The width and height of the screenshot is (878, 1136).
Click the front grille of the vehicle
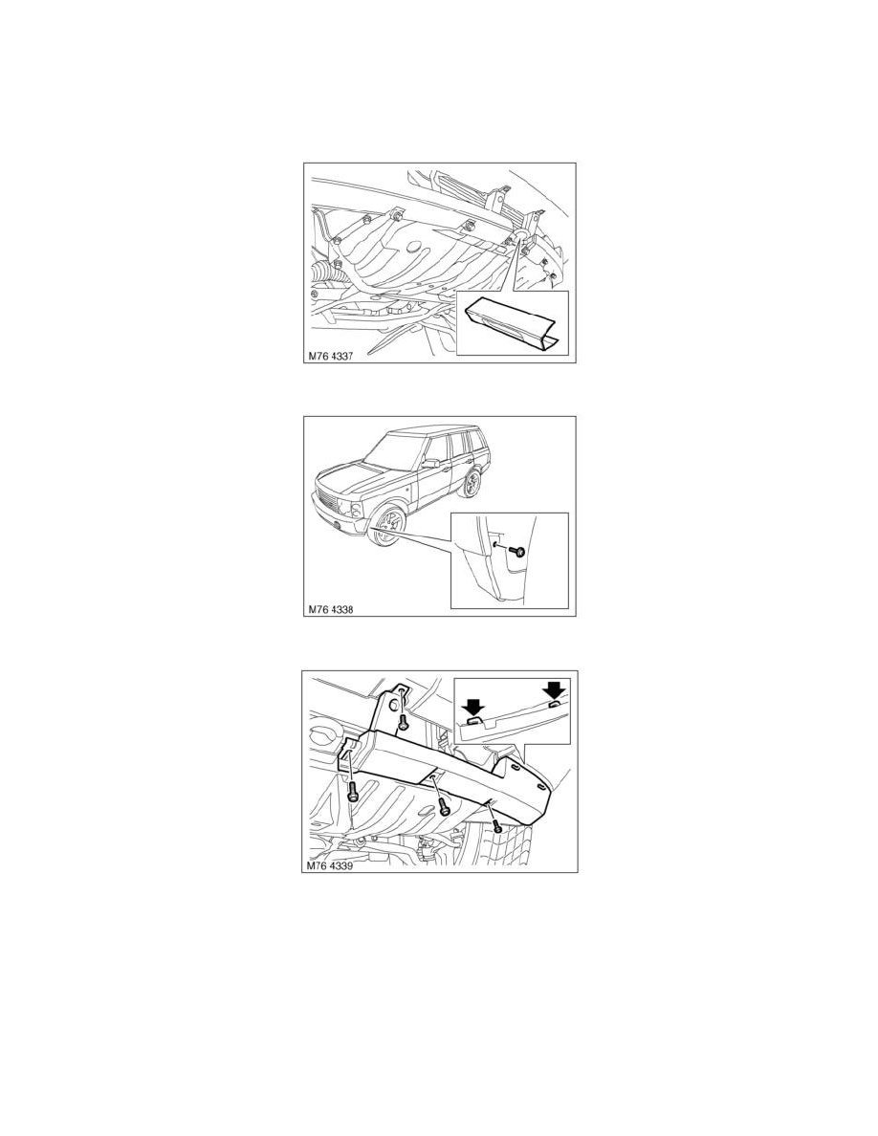pyautogui.click(x=337, y=499)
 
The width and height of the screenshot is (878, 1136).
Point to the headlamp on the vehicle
pyautogui.click(x=361, y=507)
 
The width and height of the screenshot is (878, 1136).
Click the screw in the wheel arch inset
pyautogui.click(x=517, y=552)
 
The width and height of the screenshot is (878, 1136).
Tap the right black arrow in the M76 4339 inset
pyautogui.click(x=554, y=689)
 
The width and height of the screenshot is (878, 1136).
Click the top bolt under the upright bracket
pyautogui.click(x=404, y=722)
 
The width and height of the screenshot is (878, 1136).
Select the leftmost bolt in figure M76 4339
pyautogui.click(x=353, y=790)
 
